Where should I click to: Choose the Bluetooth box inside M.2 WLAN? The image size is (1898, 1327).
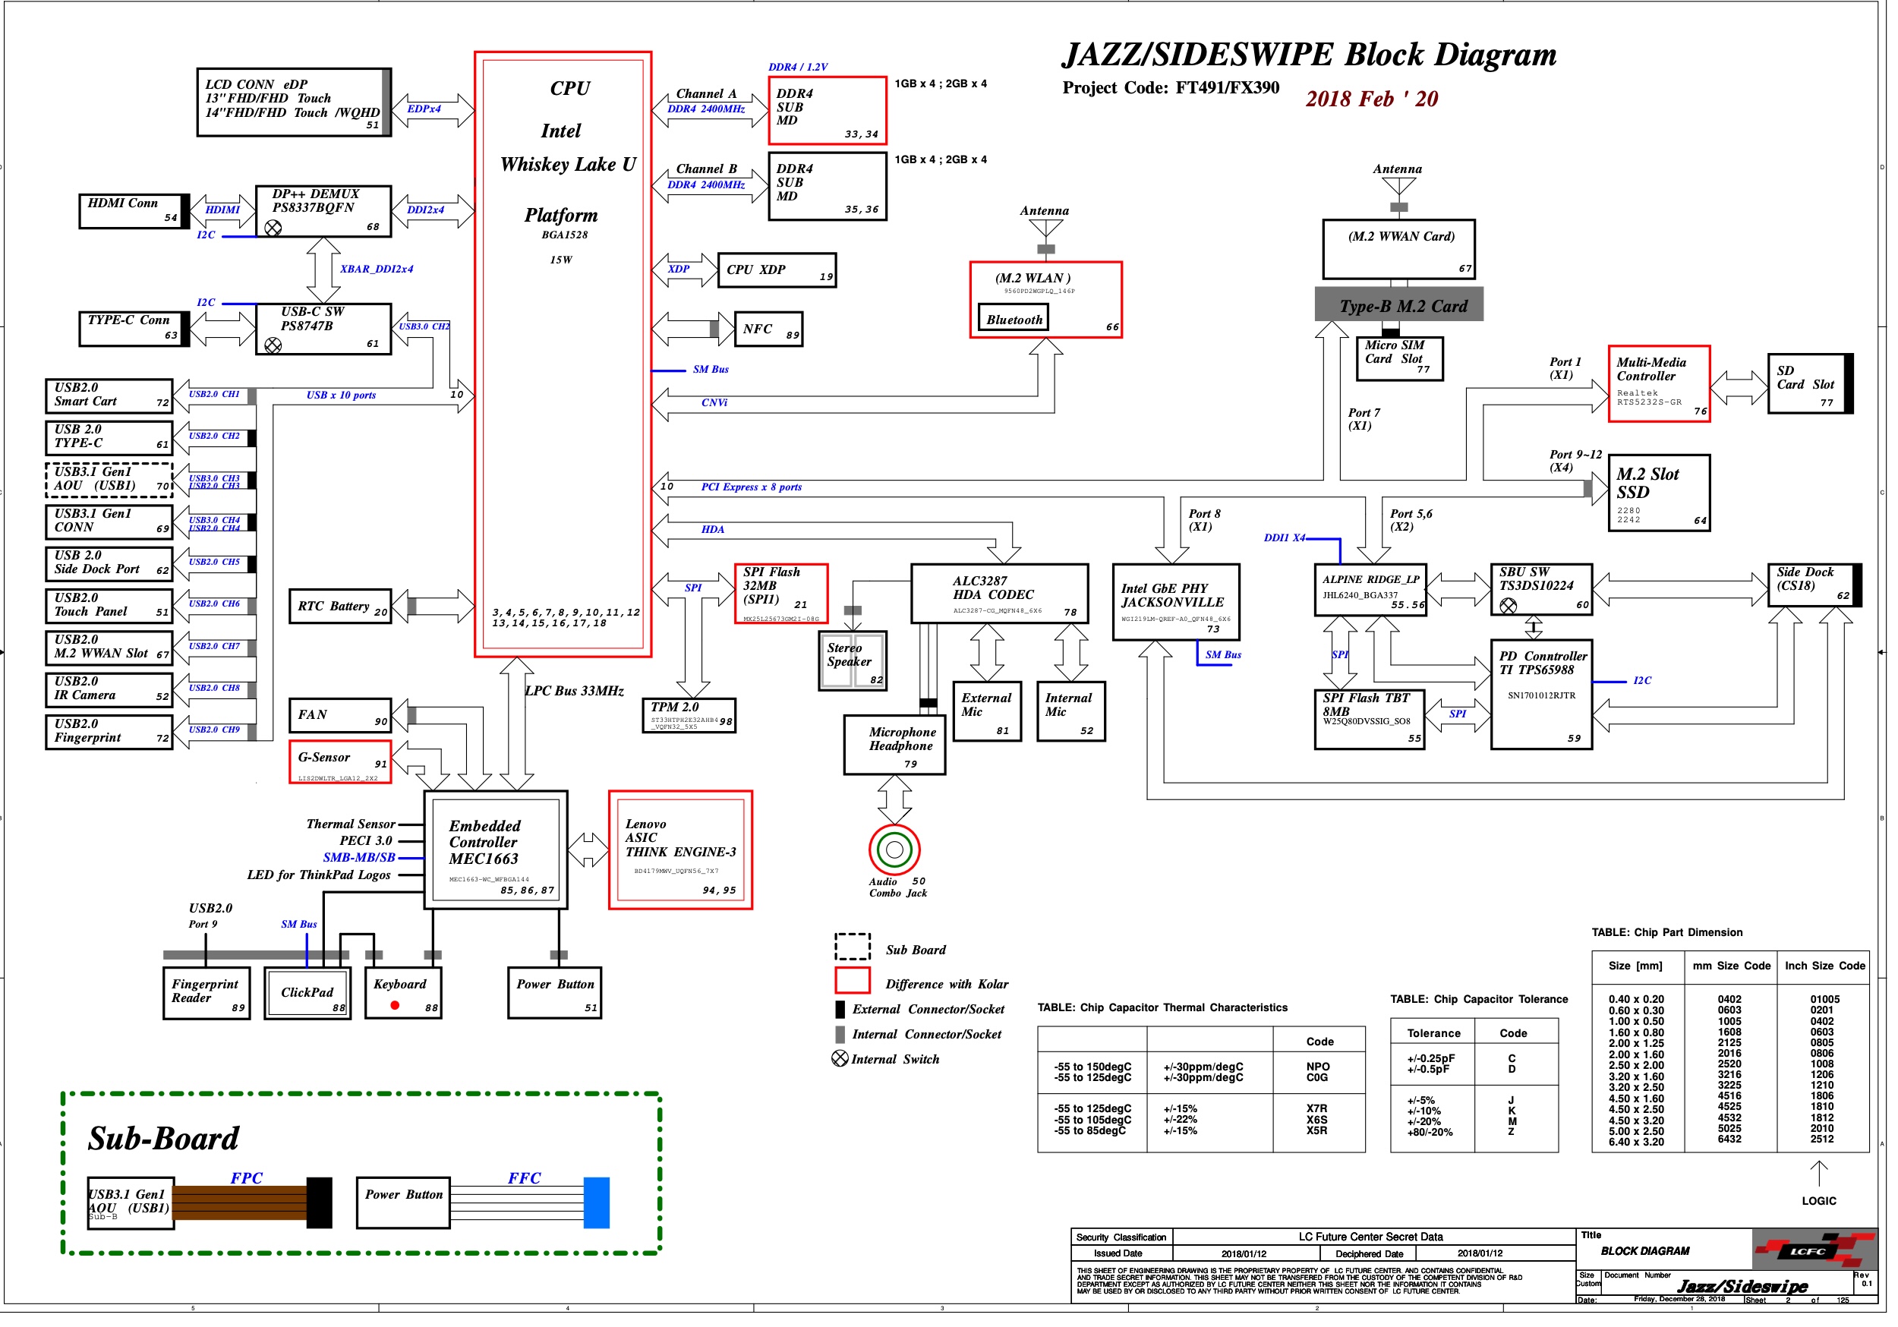pos(1014,320)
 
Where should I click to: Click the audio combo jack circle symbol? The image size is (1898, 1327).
pos(894,849)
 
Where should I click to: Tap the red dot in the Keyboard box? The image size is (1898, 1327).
pos(395,1005)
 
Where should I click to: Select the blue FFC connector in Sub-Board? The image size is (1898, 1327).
pos(596,1203)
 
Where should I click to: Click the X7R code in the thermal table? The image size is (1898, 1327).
pos(1317,1108)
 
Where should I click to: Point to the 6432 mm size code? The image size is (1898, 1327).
pos(1729,1139)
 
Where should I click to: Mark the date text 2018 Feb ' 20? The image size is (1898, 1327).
pos(1371,99)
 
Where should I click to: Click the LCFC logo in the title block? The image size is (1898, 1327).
pos(1813,1251)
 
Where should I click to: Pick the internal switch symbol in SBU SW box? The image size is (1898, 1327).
pos(1508,605)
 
